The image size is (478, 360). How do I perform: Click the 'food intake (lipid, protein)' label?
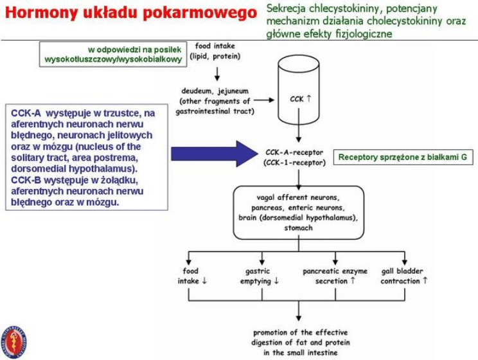tap(215, 51)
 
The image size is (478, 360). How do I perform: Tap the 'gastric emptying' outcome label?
tap(259, 276)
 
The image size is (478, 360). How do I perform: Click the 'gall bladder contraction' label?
tap(404, 276)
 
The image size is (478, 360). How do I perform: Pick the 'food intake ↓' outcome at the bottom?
tap(192, 276)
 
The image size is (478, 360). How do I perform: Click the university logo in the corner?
tap(14, 341)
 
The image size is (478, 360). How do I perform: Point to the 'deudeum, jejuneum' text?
tap(215, 91)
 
